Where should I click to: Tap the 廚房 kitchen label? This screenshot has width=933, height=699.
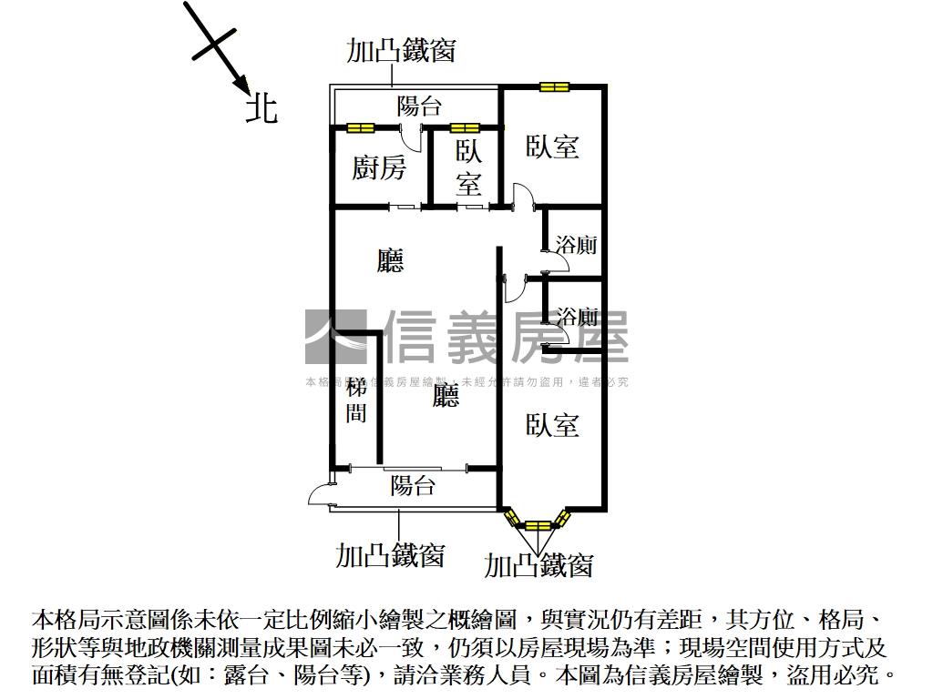[379, 167]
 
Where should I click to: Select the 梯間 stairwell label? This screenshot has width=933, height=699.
[356, 400]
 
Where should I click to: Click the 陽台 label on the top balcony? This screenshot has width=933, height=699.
[419, 106]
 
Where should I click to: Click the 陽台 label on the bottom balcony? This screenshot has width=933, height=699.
[413, 485]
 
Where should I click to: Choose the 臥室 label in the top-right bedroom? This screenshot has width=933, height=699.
[552, 147]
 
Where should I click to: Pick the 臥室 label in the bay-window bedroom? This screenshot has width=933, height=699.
[552, 424]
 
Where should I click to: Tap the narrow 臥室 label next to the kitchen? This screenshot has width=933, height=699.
[468, 168]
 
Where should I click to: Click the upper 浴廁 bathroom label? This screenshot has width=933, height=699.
[577, 245]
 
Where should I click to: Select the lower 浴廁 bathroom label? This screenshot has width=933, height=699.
[577, 317]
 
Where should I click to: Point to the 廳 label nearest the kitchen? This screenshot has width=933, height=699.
[390, 261]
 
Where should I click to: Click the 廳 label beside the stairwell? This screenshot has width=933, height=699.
[446, 395]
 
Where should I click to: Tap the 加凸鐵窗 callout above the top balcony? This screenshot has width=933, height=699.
[401, 50]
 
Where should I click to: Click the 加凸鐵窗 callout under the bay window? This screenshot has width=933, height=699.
[538, 565]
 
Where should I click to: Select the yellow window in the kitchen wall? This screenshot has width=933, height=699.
[360, 127]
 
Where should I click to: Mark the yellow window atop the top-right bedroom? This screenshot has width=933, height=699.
[553, 87]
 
